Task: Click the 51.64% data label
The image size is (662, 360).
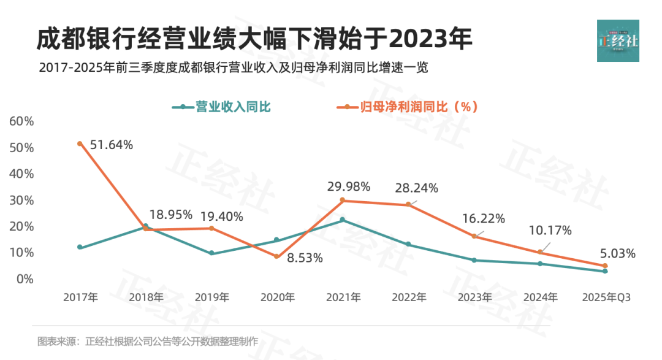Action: (111, 145)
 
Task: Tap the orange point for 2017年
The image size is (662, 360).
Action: (80, 144)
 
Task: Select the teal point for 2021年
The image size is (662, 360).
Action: (342, 220)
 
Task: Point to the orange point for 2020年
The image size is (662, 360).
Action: (276, 256)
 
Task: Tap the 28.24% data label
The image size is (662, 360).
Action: (417, 188)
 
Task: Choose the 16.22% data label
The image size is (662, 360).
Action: (484, 218)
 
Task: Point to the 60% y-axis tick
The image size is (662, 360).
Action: (21, 121)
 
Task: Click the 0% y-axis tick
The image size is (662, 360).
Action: (25, 279)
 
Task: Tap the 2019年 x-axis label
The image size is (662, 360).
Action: (211, 297)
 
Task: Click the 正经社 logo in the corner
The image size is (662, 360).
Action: (618, 40)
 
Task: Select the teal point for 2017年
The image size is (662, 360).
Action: (80, 247)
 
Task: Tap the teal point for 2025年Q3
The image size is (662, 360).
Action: (605, 271)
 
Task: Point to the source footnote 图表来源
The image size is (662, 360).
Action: (148, 341)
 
